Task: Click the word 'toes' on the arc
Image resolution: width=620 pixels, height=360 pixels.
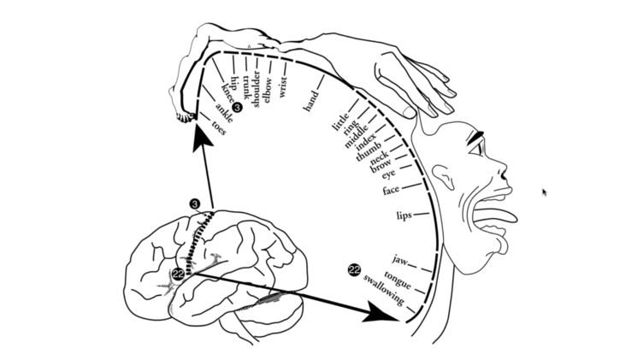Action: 218,130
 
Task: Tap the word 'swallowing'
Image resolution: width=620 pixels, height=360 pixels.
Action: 383,290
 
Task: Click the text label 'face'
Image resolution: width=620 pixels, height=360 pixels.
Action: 393,189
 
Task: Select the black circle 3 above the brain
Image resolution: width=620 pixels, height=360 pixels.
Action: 195,204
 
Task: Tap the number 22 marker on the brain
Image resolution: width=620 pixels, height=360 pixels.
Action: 177,274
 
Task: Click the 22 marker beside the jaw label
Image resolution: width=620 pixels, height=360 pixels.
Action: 354,270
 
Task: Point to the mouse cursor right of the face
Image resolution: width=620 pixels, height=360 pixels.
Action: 544,192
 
